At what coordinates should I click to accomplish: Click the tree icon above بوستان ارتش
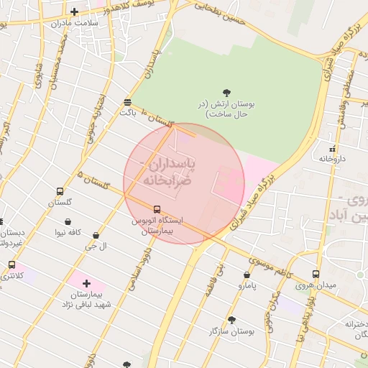click(227, 92)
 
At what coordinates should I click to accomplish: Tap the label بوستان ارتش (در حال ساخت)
click(227, 109)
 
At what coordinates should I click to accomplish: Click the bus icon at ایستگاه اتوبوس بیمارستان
click(157, 209)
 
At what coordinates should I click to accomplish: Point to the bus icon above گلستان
click(60, 192)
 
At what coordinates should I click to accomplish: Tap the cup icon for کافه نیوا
click(68, 221)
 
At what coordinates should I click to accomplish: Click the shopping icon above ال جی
click(96, 235)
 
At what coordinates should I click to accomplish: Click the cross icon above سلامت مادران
click(75, 11)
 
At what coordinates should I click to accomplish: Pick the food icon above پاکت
click(127, 102)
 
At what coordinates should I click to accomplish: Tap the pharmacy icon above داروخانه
click(331, 148)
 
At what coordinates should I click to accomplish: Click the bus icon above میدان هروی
click(316, 274)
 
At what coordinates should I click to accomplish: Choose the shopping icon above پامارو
click(247, 275)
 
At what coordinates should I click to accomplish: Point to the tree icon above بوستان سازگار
click(231, 320)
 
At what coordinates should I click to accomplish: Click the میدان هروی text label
click(316, 285)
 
